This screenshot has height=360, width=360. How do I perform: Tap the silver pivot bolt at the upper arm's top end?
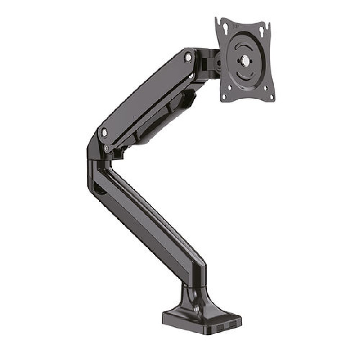188,57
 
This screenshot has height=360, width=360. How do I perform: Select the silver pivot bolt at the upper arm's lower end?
104,133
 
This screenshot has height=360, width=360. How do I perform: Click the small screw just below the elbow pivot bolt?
106,147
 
